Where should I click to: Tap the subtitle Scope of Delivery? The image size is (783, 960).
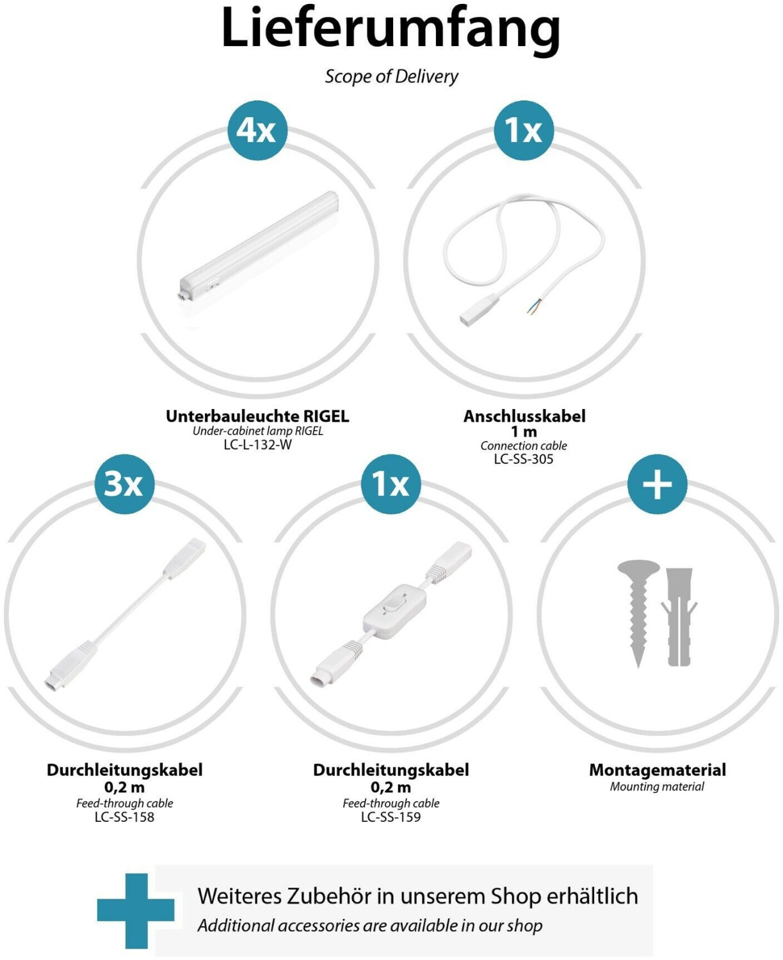click(x=391, y=76)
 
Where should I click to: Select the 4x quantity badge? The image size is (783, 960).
click(x=257, y=130)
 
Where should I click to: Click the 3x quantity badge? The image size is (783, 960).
click(x=124, y=484)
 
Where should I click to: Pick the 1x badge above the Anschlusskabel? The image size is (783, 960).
click(x=524, y=130)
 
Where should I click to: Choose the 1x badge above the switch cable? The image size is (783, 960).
click(x=391, y=484)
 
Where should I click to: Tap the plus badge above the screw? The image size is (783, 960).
click(x=657, y=484)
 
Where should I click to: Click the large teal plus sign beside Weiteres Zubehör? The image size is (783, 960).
click(x=136, y=911)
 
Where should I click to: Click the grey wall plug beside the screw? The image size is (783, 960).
click(x=679, y=617)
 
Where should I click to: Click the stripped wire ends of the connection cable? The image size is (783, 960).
click(x=535, y=305)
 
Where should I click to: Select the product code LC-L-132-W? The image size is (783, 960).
click(x=257, y=444)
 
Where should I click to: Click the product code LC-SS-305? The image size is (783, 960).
click(x=524, y=459)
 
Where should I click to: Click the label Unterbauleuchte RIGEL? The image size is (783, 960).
click(x=257, y=416)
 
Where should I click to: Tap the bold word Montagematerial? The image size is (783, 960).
click(x=658, y=770)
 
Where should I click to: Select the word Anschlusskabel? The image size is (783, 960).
click(x=524, y=416)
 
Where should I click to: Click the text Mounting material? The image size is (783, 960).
click(x=657, y=787)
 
